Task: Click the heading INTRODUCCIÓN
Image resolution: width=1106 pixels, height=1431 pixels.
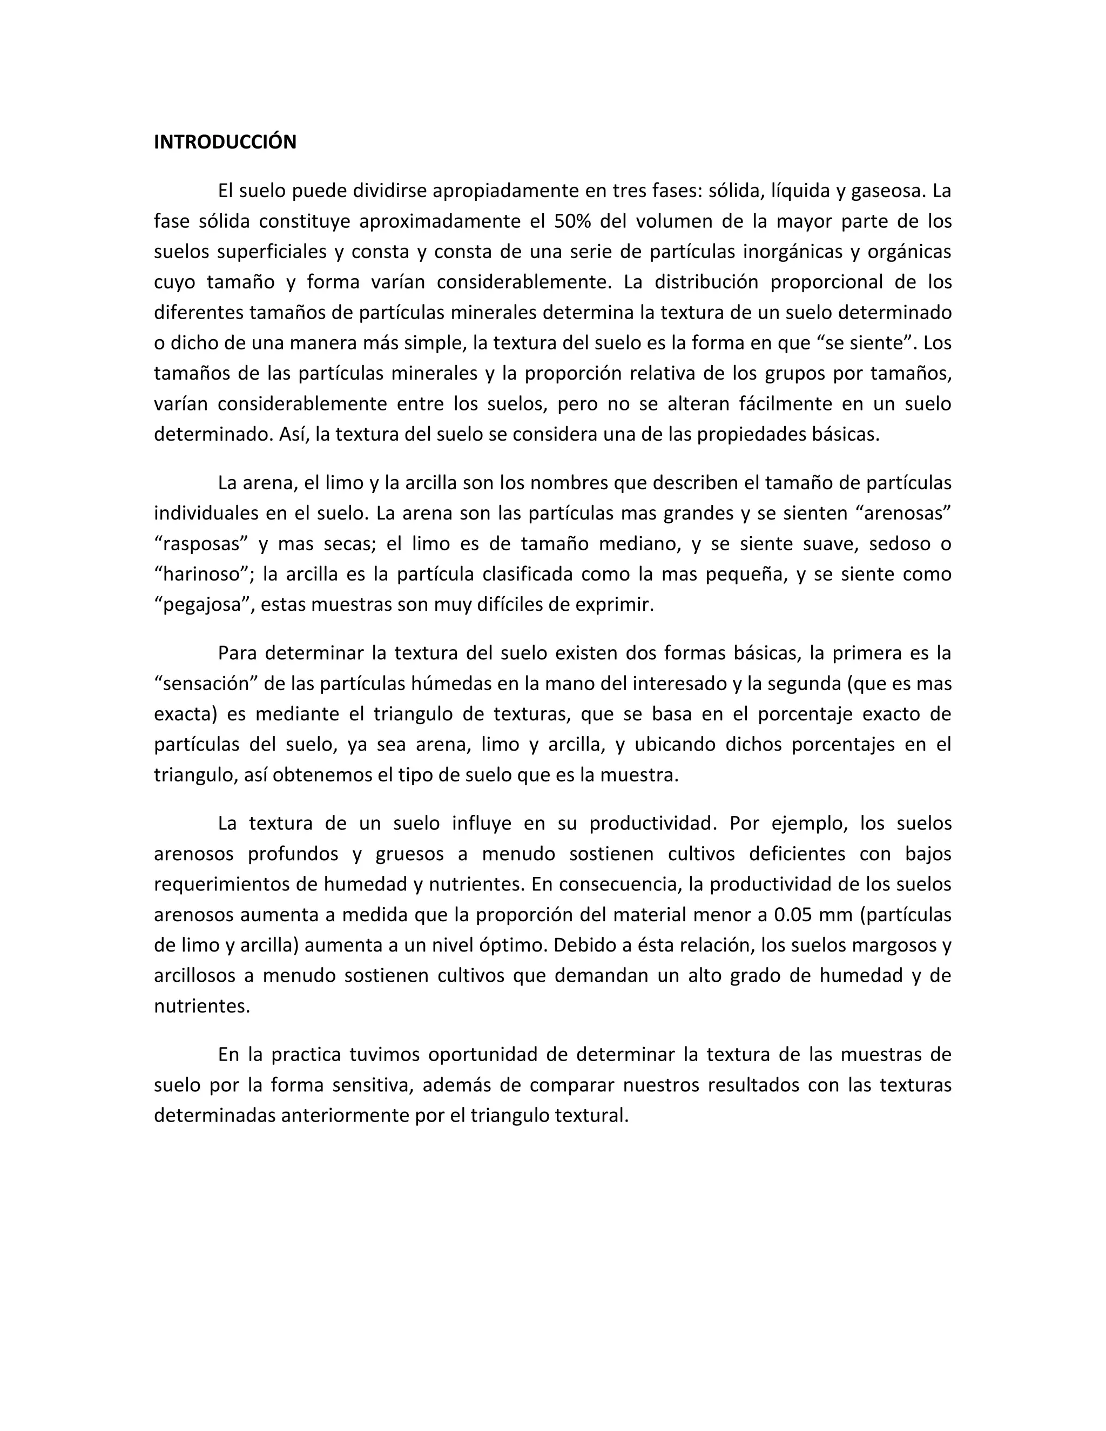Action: click(225, 142)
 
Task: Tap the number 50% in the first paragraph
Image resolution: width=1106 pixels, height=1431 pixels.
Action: click(572, 221)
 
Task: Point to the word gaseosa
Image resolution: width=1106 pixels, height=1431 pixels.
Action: click(887, 191)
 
